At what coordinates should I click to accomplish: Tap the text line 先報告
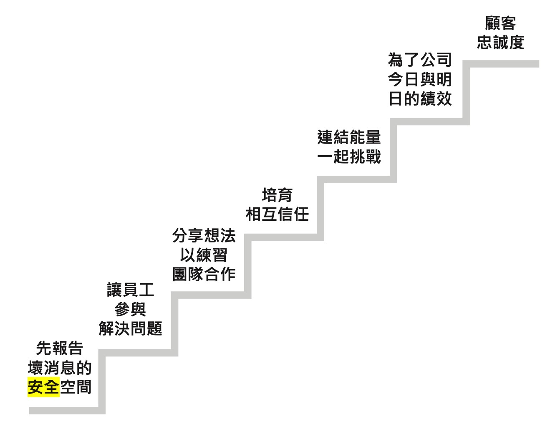(x=60, y=348)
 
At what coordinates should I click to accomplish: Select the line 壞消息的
(x=60, y=368)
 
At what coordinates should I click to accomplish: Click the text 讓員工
(x=131, y=290)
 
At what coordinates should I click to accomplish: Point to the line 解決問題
(x=131, y=328)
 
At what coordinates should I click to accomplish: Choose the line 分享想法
(x=204, y=235)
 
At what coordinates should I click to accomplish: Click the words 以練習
(x=204, y=255)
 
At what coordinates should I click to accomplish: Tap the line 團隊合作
(x=204, y=274)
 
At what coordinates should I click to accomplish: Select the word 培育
(x=277, y=195)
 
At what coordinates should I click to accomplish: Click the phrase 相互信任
(x=277, y=214)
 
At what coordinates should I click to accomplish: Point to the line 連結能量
(x=349, y=137)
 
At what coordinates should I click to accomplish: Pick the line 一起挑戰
(x=349, y=156)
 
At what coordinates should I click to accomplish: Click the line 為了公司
(x=420, y=60)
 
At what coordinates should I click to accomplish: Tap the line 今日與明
(x=420, y=79)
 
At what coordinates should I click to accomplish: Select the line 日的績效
(x=420, y=99)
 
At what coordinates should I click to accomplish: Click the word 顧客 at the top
(x=501, y=23)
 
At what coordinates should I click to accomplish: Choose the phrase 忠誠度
(x=501, y=42)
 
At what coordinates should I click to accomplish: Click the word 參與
(x=131, y=309)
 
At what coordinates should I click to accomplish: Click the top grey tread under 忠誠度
(x=501, y=64)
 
